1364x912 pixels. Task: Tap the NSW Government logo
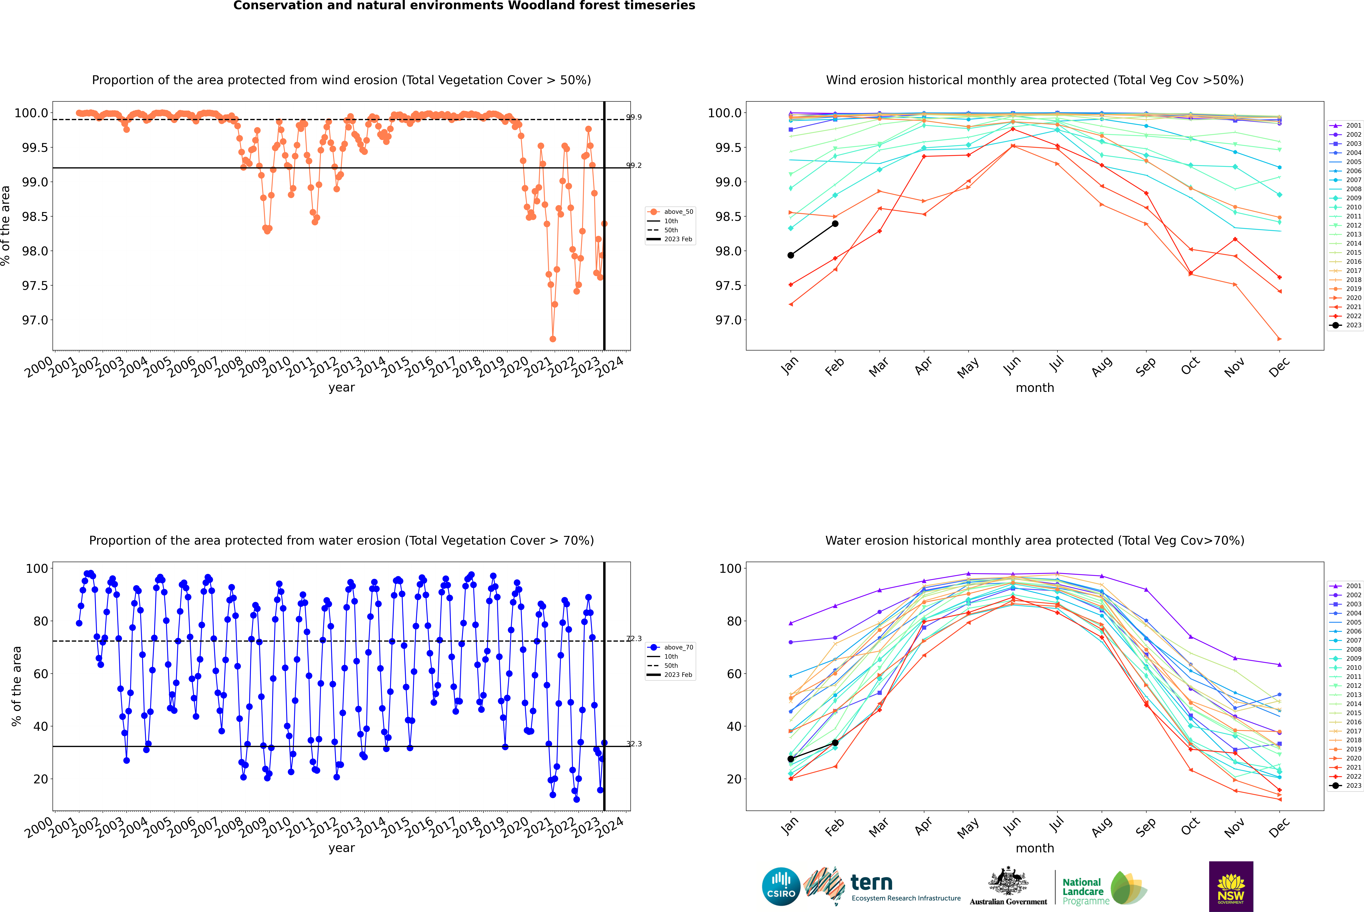1231,886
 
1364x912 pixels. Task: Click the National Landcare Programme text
1083,891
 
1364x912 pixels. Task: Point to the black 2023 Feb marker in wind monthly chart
835,223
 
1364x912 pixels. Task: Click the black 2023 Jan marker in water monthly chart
791,759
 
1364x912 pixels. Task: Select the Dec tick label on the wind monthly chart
1279,366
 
